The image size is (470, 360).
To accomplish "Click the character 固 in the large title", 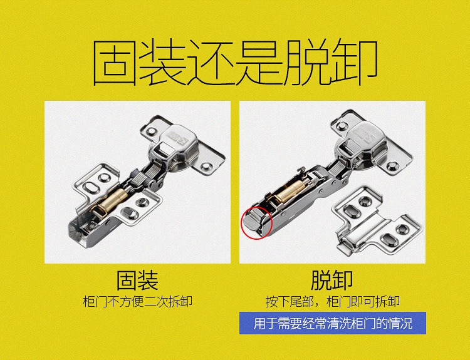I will [117, 64].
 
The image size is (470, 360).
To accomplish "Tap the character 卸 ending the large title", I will [355, 64].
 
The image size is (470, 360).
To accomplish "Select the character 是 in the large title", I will [258, 64].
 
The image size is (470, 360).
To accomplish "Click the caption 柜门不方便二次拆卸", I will [137, 301].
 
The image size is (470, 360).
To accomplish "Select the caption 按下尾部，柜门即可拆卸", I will [332, 301].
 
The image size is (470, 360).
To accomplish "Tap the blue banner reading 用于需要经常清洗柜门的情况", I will [332, 324].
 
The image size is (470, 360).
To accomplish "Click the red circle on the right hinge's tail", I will [256, 222].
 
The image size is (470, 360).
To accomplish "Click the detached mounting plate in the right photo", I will [370, 220].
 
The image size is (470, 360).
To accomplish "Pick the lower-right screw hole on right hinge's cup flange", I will [392, 167].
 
